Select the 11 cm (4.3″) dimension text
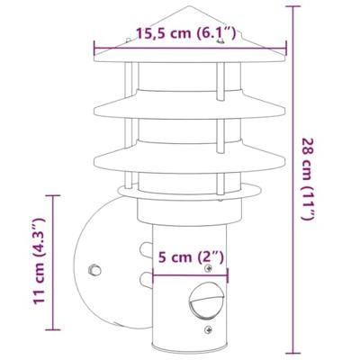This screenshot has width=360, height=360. point(37,261)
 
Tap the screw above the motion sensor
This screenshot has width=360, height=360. point(211,270)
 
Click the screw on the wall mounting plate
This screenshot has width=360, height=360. point(93,268)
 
